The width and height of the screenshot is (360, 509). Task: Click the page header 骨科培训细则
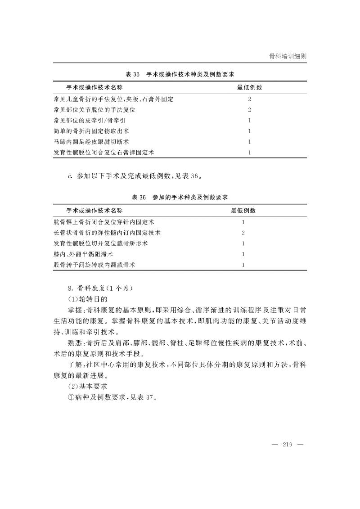click(x=288, y=56)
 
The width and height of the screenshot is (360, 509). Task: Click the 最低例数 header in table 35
click(x=250, y=87)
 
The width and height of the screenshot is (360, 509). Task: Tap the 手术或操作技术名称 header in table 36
click(x=94, y=211)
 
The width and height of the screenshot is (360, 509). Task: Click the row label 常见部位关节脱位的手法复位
click(x=94, y=109)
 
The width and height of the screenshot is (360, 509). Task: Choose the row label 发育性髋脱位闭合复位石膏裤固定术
click(x=103, y=153)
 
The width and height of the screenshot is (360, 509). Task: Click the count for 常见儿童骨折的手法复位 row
click(x=249, y=99)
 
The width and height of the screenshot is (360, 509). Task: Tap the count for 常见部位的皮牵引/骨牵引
click(x=249, y=120)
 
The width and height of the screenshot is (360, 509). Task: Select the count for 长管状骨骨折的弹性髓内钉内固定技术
click(x=243, y=233)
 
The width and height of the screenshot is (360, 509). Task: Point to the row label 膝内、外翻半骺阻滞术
click(x=83, y=254)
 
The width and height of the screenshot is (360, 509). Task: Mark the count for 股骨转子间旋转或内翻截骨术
click(x=243, y=265)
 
